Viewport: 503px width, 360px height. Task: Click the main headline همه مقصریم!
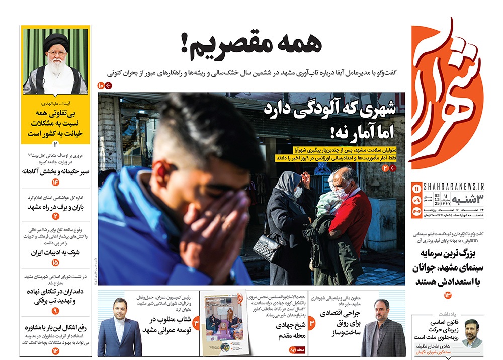tap(250, 45)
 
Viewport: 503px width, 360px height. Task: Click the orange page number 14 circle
tap(55, 182)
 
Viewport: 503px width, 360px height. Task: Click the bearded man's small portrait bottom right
tap(472, 333)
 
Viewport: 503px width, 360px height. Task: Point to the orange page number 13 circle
tap(448, 294)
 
